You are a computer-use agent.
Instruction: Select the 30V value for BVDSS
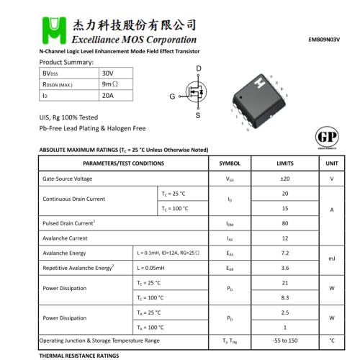pos(108,73)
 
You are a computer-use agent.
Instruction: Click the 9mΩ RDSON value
pos(110,84)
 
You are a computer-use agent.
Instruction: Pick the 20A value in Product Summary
pos(108,95)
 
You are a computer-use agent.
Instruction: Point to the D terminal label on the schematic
pos(198,68)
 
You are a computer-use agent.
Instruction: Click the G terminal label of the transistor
pos(172,96)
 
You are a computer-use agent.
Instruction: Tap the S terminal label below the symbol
pos(198,115)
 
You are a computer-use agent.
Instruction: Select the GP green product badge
pos(328,138)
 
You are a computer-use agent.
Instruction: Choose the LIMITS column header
pos(285,163)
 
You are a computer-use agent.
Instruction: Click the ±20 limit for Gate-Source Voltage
pos(285,179)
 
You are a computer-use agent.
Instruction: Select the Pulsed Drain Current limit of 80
pos(285,223)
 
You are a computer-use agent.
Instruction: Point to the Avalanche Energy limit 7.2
pos(285,253)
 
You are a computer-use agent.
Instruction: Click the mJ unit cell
pos(332,258)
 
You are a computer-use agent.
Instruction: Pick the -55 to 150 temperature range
pos(285,340)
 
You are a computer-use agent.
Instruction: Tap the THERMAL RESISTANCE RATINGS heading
pos(79,356)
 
